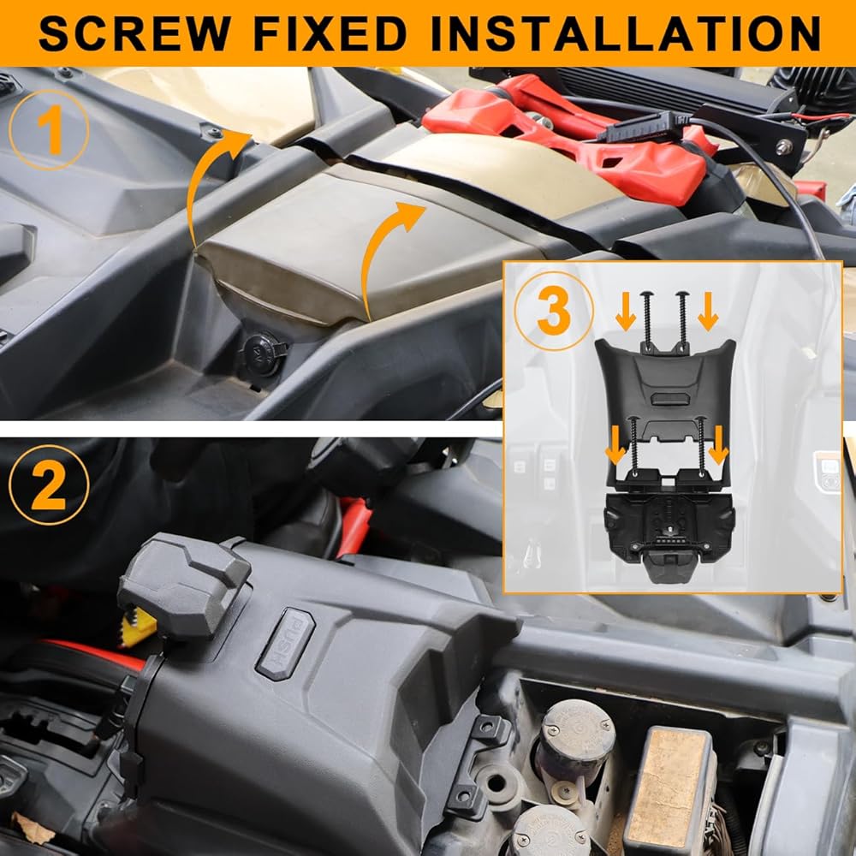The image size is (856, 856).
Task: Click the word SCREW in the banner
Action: (134, 33)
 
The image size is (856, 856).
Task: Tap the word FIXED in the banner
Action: (330, 33)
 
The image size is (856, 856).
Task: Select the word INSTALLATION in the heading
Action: (627, 33)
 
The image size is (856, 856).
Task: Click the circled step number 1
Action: (49, 130)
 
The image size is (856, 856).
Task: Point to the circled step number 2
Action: (49, 485)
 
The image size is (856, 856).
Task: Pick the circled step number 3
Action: (554, 311)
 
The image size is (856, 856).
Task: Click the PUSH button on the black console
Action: (286, 644)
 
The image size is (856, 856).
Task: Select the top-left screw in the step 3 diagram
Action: (647, 322)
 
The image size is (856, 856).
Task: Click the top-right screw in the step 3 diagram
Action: (682, 322)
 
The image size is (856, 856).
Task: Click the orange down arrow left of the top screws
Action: (626, 312)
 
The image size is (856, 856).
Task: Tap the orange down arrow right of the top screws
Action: (708, 312)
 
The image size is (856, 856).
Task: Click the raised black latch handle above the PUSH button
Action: (183, 584)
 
